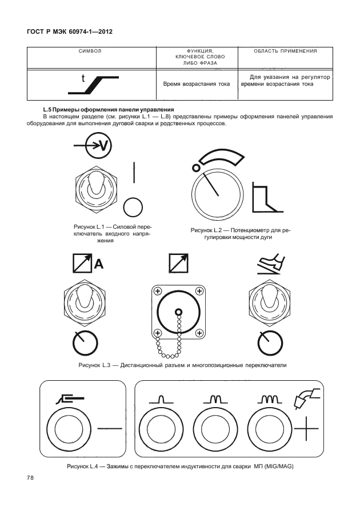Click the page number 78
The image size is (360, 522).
[x=30, y=478]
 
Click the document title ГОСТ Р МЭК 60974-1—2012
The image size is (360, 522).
[x=70, y=32]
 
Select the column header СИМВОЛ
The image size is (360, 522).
[x=90, y=51]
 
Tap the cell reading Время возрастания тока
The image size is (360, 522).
[x=197, y=84]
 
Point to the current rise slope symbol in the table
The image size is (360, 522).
[x=94, y=85]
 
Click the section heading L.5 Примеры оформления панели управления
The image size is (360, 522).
[x=109, y=110]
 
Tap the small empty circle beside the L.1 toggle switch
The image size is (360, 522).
[x=133, y=207]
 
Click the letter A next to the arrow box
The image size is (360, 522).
[x=99, y=264]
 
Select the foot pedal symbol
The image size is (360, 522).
[x=271, y=264]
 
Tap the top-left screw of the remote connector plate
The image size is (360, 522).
[x=157, y=291]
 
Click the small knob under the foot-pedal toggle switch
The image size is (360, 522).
[x=270, y=344]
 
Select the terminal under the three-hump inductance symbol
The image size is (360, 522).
[x=270, y=429]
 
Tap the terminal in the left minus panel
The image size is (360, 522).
[x=69, y=429]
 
